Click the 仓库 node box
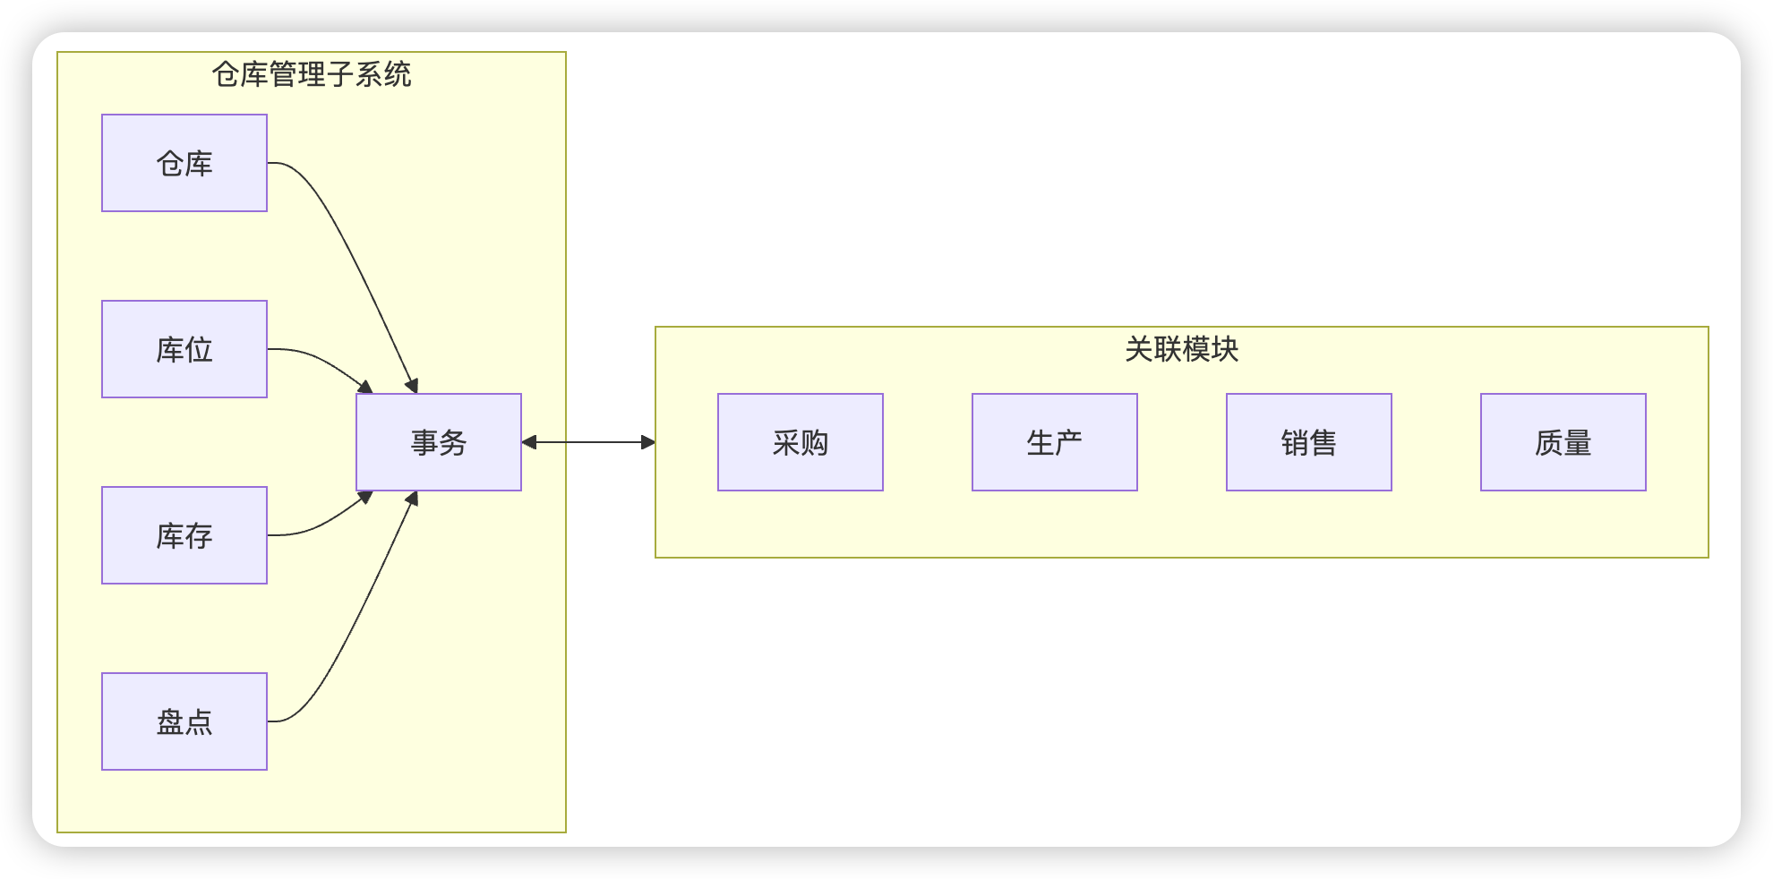click(x=184, y=163)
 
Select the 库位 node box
click(x=184, y=349)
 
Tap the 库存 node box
click(x=184, y=535)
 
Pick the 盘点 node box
click(x=184, y=721)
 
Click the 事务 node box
click(x=439, y=442)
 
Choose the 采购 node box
click(x=801, y=442)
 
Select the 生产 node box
click(x=1055, y=442)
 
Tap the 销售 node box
click(x=1309, y=442)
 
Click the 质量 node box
click(x=1563, y=442)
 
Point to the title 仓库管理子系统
click(x=312, y=74)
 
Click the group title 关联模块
click(x=1181, y=349)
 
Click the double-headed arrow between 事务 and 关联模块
click(x=588, y=442)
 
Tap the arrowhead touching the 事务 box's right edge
click(x=529, y=442)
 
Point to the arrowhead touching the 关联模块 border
click(x=648, y=442)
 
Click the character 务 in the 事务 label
click(x=453, y=442)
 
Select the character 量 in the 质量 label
click(x=1578, y=442)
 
